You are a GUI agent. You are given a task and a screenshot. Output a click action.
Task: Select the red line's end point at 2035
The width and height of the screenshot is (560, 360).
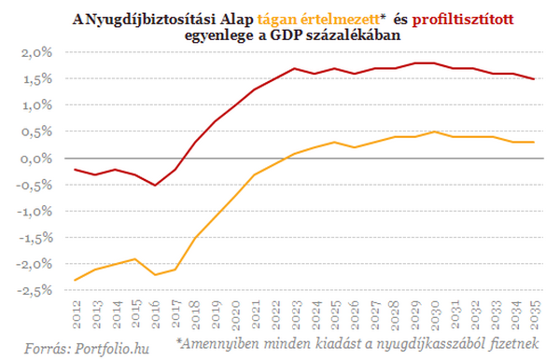coord(533,79)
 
